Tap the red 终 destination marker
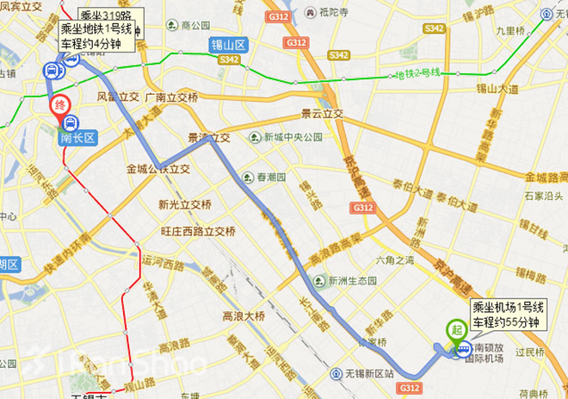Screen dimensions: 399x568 coord(59,106)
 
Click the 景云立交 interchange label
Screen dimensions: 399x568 coord(321,114)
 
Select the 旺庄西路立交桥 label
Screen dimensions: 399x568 coord(197,231)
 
